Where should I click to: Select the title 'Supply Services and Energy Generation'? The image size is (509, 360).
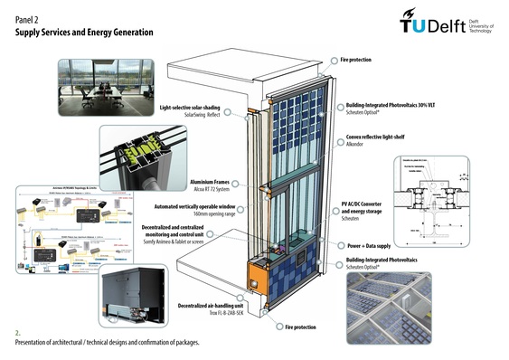84,32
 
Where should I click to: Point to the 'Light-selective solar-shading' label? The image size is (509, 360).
191,108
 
